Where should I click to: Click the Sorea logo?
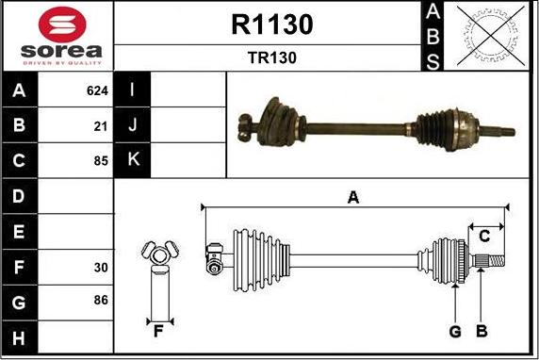point(57,35)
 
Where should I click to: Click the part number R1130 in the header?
point(271,25)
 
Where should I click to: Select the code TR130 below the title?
point(271,57)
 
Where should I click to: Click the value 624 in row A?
point(97,91)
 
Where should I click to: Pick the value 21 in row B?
point(101,125)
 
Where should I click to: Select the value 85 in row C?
point(101,159)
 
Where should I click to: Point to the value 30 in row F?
point(101,267)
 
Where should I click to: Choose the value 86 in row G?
point(101,301)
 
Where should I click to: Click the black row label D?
point(18,196)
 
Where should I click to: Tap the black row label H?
point(18,335)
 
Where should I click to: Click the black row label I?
point(132,91)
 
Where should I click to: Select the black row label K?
point(132,159)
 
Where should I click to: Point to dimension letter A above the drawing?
point(353,197)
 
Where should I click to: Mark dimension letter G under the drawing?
point(454,331)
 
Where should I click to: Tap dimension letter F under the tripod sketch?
point(158,331)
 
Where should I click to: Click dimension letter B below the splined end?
point(481,331)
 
